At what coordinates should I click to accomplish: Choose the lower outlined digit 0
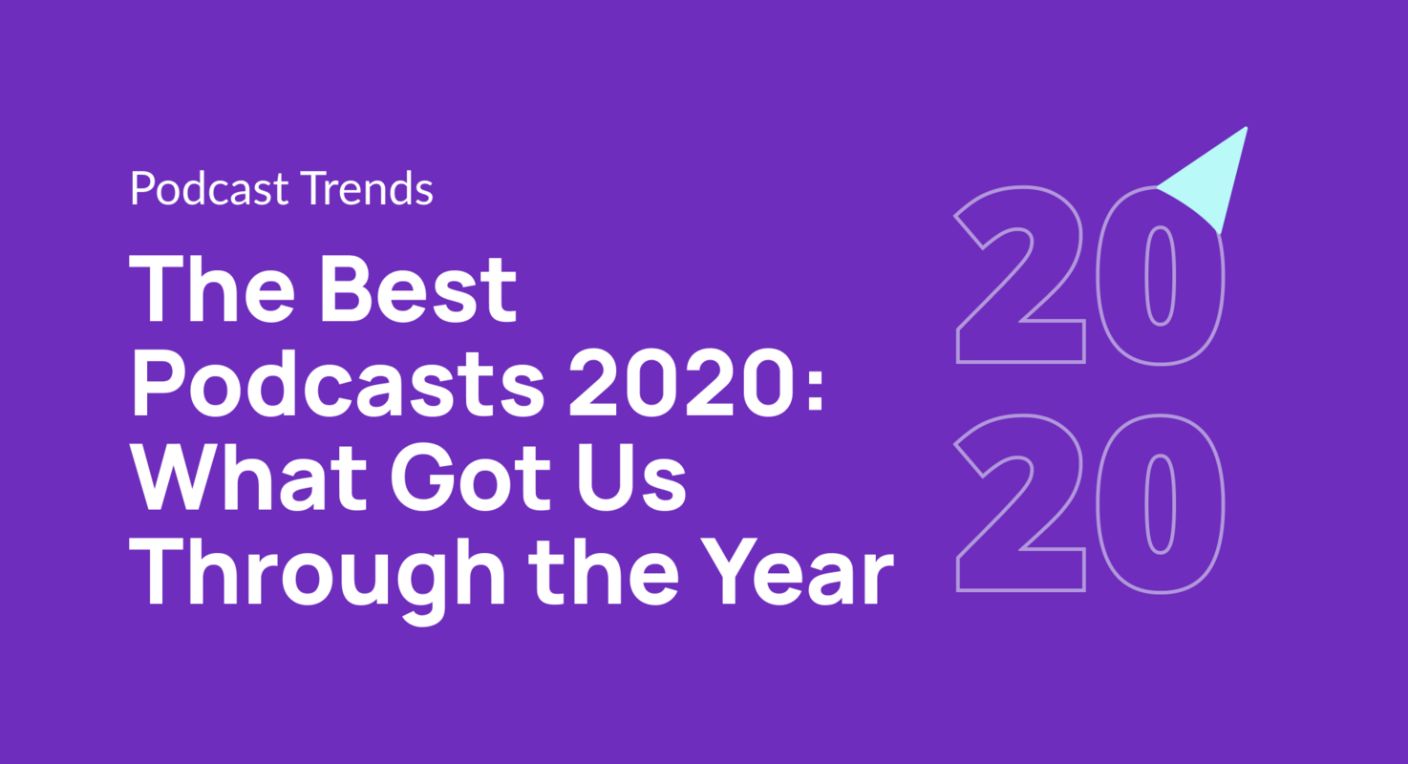tap(1159, 504)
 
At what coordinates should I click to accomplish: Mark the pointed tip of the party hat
tap(1245, 129)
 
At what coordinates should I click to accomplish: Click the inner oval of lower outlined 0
tap(1159, 504)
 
